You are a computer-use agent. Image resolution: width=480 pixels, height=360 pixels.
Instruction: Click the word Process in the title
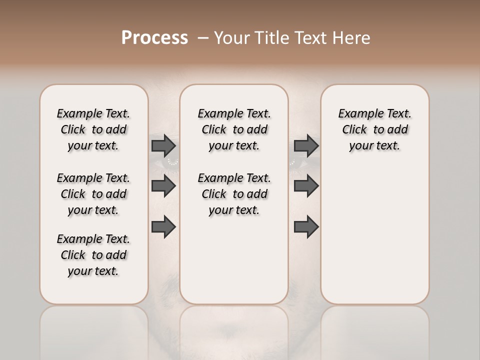[154, 37]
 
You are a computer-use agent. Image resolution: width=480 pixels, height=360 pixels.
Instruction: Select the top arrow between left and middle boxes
[163, 145]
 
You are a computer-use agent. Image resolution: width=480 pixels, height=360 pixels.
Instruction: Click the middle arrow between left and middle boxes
[163, 186]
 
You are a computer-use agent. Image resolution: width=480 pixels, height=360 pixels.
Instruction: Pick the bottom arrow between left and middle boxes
[163, 226]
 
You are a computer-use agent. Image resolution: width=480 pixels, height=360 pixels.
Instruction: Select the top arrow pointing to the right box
[306, 145]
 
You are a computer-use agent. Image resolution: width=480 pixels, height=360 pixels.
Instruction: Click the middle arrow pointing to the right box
[306, 186]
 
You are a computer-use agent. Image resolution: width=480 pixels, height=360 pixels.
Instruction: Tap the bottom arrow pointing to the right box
[306, 226]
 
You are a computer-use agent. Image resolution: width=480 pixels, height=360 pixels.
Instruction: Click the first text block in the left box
[93, 129]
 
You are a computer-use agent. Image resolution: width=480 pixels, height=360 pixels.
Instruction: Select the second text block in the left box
[93, 194]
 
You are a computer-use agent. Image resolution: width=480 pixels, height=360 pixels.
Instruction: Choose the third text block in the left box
[93, 255]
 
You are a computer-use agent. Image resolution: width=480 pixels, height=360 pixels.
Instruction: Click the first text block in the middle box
[234, 129]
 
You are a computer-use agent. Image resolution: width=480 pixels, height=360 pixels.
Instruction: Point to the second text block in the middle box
[234, 194]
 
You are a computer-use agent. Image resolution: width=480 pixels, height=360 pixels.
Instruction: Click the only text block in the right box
[374, 129]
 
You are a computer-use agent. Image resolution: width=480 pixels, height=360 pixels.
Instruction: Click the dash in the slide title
[202, 38]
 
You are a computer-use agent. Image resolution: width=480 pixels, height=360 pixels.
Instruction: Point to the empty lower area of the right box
[374, 235]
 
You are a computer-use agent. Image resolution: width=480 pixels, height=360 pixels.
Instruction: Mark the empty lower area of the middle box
[234, 260]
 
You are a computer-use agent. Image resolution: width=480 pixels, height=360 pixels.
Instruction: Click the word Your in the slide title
[230, 37]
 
